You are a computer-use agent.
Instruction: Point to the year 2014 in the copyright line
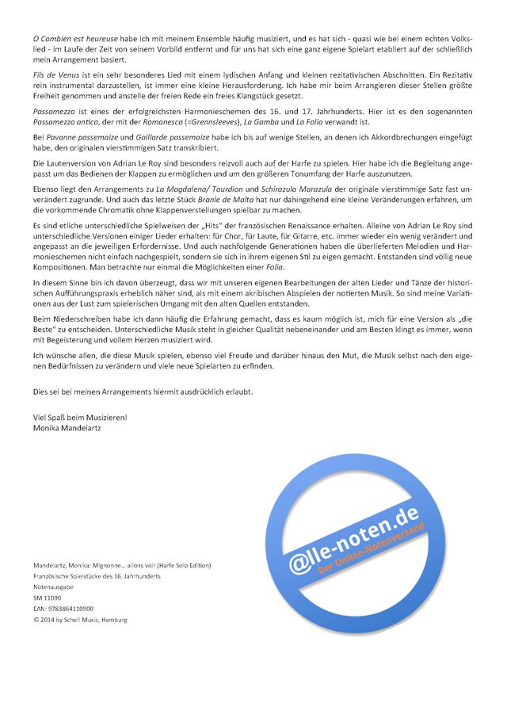click(x=52, y=619)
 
